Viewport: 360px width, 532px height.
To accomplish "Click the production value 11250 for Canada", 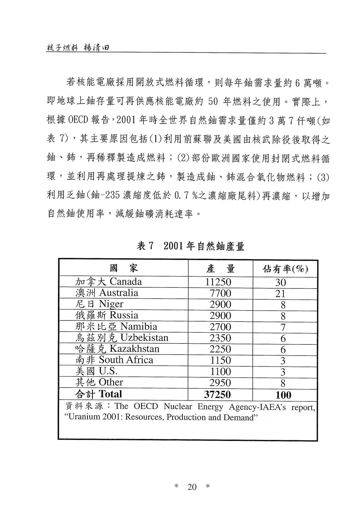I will coord(218,282).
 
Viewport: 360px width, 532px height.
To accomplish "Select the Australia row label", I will coord(107,293).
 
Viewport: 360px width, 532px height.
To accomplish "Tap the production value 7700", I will coord(220,293).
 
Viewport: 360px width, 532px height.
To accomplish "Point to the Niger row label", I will coord(99,304).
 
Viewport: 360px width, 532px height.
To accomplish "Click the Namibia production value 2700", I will coord(220,327).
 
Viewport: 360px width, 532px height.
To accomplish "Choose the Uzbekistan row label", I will coord(122,338).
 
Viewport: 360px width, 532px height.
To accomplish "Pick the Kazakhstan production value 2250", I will coord(220,349).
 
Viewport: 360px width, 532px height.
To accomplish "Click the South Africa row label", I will coord(114,360).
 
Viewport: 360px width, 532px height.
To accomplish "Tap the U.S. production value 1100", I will coord(220,372).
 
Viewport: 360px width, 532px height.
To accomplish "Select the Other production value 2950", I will coord(220,383).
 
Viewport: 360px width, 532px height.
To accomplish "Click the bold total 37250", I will coord(218,395).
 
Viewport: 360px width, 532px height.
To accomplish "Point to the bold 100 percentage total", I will coord(283,395).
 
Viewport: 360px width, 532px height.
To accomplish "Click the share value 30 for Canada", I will coord(281,283).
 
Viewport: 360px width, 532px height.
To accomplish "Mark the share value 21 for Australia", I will coord(281,294).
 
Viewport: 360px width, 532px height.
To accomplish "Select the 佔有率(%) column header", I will coord(285,270).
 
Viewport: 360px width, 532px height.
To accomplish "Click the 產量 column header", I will coord(220,269).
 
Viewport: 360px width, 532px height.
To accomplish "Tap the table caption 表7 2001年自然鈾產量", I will coord(190,246).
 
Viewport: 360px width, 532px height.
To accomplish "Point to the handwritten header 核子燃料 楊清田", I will coord(77,48).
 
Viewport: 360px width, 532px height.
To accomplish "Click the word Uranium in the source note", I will coord(82,418).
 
